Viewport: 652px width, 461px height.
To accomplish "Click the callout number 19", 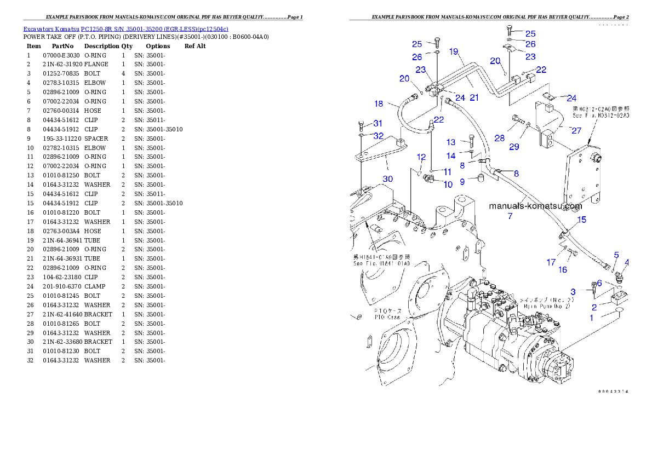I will pos(454,52).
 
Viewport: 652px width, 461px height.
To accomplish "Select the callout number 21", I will pos(474,98).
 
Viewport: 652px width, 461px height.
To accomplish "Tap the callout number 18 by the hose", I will pos(379,103).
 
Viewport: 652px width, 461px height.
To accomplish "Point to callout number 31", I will pos(378,124).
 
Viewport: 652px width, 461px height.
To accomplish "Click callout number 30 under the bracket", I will pos(387,179).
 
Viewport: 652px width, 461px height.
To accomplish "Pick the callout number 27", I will pos(576,131).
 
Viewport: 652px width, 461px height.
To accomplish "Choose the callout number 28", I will pos(499,139).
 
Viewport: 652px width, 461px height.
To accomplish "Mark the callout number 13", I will pos(451,142).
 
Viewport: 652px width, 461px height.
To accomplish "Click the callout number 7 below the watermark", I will pos(510,216).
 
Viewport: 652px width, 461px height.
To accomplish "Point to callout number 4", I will pos(627,262).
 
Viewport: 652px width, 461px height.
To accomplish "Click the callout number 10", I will pos(448,185).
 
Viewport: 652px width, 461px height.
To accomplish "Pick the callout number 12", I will pos(421,157).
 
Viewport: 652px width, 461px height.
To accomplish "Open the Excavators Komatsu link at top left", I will pos(125,28).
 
